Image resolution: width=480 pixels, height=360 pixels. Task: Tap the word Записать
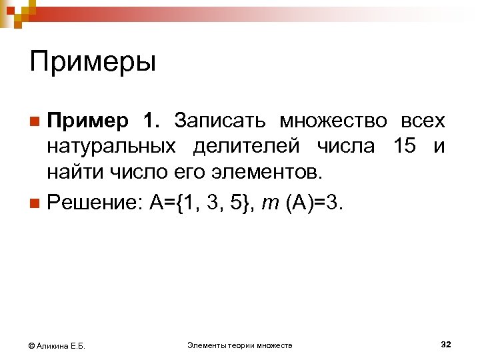(x=221, y=121)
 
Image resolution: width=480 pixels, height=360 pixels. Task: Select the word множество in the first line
(x=333, y=121)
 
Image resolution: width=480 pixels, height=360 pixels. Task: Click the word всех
(x=422, y=121)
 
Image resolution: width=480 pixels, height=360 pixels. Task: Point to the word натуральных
(x=111, y=147)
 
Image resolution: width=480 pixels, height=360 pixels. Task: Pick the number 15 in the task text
(x=404, y=147)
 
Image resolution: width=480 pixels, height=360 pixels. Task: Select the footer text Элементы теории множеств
(x=240, y=345)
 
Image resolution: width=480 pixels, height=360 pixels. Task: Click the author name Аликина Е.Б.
(x=65, y=345)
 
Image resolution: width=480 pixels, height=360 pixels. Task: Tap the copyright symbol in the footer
(x=31, y=345)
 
